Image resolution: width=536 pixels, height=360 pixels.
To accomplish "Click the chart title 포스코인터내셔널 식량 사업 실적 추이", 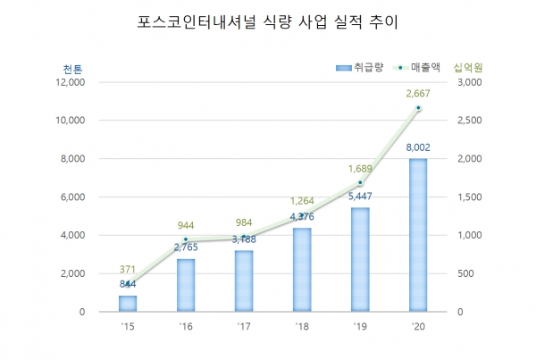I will coord(267,20).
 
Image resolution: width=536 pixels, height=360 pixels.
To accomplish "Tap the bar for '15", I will coord(129,303).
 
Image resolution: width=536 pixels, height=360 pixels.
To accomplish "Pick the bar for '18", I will coord(303,270).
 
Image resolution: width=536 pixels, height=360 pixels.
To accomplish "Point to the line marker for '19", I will coord(360,183).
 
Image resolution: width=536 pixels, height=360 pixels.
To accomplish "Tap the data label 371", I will coord(129,269).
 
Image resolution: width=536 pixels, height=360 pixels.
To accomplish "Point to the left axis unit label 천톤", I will coord(72,69).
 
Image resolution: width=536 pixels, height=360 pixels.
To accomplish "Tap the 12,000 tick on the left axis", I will coord(69,82).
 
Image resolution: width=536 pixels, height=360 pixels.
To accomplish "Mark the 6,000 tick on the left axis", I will coord(71,197).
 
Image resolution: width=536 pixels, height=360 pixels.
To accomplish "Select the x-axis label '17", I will coord(245,326).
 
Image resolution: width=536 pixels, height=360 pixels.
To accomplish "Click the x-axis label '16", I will coord(187,326).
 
